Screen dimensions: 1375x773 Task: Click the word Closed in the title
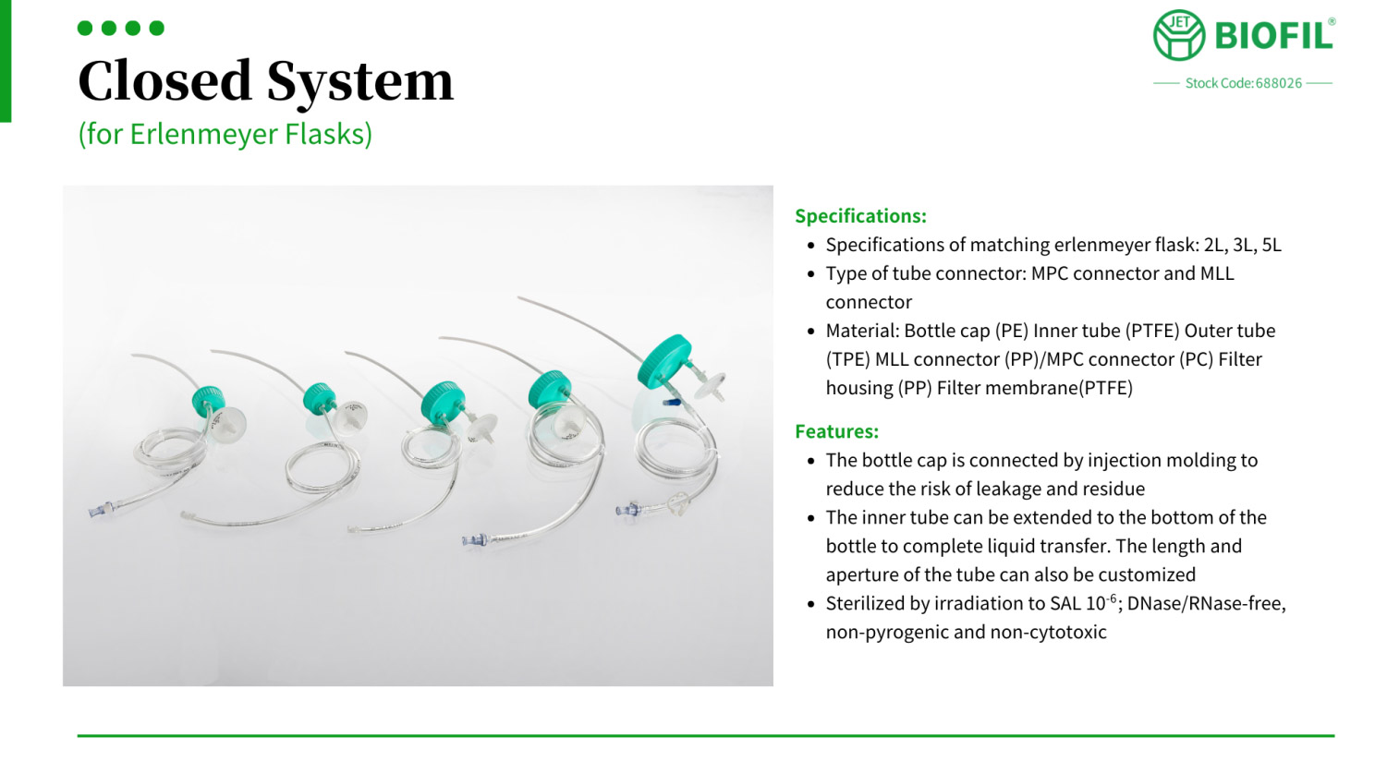[x=164, y=80]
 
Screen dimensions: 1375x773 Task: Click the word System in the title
[x=359, y=83]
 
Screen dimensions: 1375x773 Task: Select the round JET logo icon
[x=1178, y=35]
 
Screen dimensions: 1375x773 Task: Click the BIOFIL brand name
[x=1274, y=35]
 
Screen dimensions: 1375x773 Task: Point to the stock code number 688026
[x=1278, y=83]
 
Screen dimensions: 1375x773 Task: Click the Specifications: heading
[x=860, y=216]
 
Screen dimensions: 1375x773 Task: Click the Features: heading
[x=836, y=431]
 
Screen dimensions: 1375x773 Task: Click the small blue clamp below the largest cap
[x=672, y=403]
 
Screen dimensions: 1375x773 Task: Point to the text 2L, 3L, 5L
[x=1243, y=245]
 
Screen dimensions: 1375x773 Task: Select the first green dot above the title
[x=85, y=29]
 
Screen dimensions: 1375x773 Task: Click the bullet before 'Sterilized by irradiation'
[x=811, y=604]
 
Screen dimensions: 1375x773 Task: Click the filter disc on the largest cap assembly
[x=712, y=384]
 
